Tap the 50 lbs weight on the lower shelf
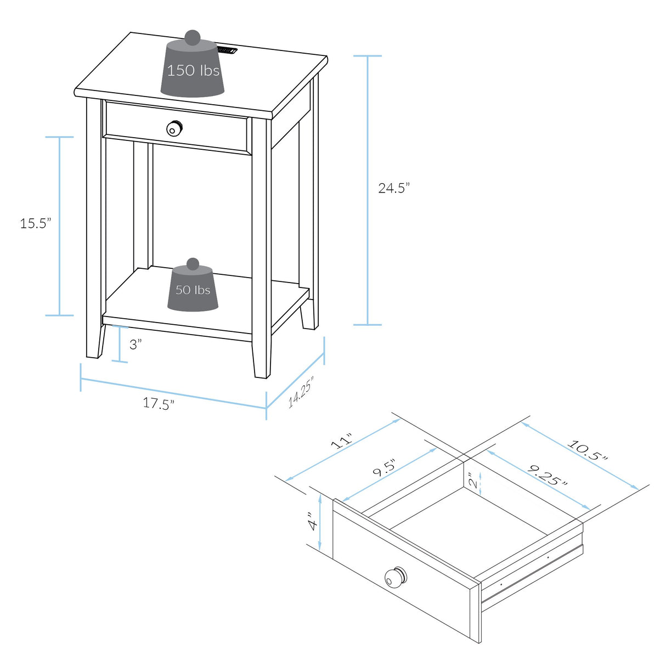click(x=193, y=291)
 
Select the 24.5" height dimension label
click(x=393, y=188)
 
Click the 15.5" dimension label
click(x=36, y=223)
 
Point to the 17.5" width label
click(x=159, y=403)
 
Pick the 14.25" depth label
click(x=301, y=392)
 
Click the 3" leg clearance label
click(x=135, y=345)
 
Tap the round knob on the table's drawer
click(x=174, y=128)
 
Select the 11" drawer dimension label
click(x=343, y=441)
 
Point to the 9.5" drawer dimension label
click(x=384, y=468)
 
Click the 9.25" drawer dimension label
click(x=547, y=476)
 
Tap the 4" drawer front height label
click(x=312, y=521)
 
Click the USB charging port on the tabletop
click(x=227, y=50)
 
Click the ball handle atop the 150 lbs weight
click(x=192, y=37)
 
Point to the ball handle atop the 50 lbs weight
click(x=193, y=264)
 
